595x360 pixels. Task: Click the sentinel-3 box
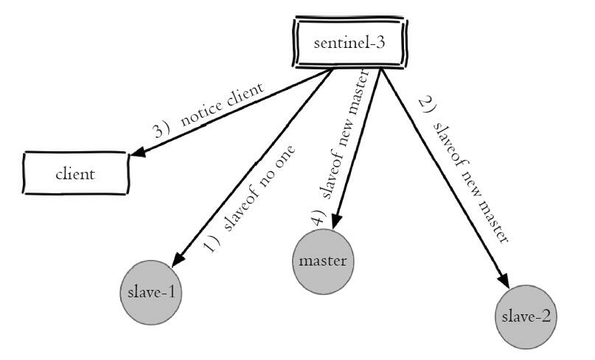[349, 42]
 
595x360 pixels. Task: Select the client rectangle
[75, 175]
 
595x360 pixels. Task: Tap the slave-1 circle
[150, 291]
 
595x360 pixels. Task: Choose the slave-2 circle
[526, 317]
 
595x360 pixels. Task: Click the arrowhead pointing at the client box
[137, 152]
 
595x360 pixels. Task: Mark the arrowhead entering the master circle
[335, 221]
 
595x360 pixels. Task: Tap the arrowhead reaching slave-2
[504, 281]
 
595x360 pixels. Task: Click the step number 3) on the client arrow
[161, 130]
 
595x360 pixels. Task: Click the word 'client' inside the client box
[75, 175]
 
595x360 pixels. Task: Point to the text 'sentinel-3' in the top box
[349, 42]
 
